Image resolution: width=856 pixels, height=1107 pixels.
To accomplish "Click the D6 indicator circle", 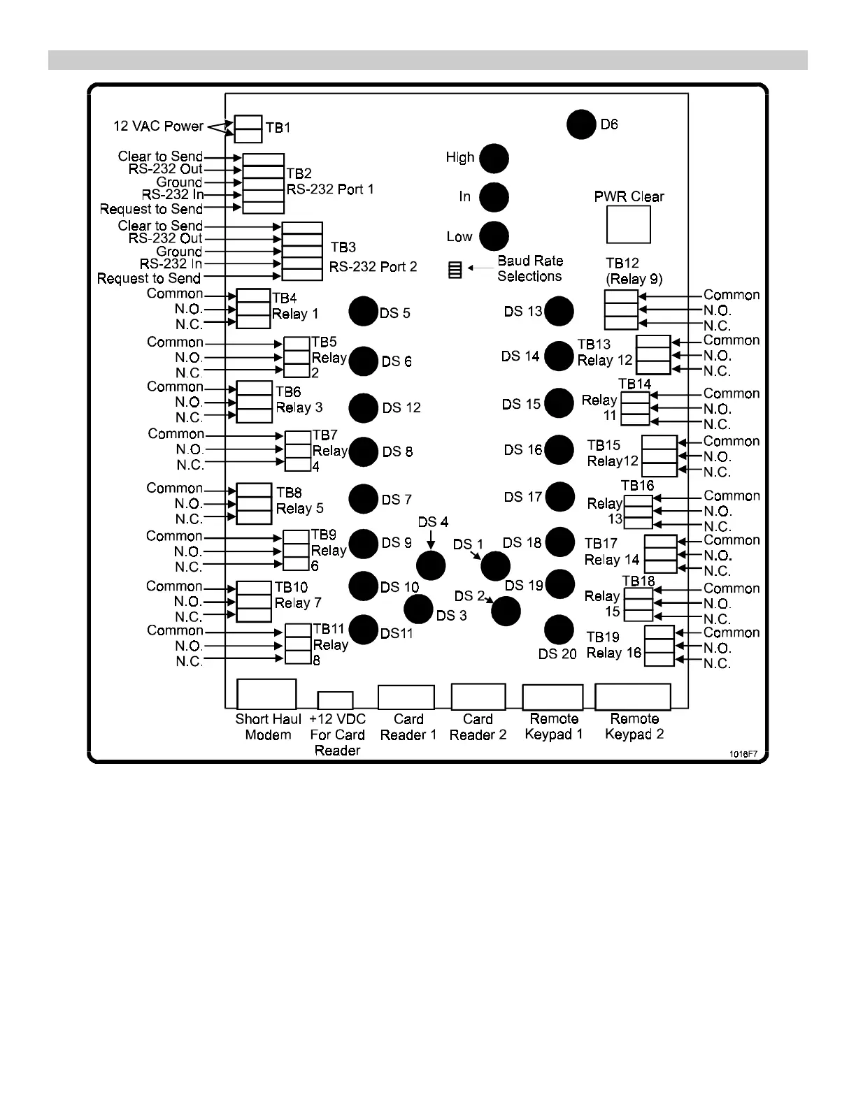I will point(581,124).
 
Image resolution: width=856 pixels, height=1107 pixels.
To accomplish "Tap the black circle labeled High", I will point(494,158).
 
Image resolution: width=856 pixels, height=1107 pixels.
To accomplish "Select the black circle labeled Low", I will point(494,236).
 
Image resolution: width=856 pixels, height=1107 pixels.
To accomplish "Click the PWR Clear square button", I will point(628,224).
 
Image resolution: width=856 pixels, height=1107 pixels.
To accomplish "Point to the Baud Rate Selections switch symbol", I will point(455,270).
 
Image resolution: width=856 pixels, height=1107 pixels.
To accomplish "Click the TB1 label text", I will point(278,128).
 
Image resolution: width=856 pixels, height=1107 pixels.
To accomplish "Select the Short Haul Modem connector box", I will point(266,694).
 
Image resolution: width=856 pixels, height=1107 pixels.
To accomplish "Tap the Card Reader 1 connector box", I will point(406,697).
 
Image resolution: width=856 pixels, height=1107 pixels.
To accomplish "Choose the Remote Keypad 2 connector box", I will point(632,696).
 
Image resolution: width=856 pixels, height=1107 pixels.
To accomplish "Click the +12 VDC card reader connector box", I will point(335,700).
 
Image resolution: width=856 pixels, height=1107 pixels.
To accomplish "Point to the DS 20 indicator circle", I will point(559,630).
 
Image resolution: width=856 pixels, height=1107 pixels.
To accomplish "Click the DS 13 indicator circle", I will point(559,311).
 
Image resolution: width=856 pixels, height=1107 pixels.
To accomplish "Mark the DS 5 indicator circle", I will point(363,311).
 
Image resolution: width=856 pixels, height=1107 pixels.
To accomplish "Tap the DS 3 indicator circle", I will point(419,609).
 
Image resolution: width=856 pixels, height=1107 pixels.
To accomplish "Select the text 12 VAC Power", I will point(158,126).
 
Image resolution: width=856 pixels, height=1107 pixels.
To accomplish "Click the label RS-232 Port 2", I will point(373,267).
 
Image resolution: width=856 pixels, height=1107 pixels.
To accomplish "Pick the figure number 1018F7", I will point(743,754).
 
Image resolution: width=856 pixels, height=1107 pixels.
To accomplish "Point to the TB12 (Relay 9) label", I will point(634,271).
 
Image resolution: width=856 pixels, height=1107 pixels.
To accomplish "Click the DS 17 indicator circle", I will point(559,497).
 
